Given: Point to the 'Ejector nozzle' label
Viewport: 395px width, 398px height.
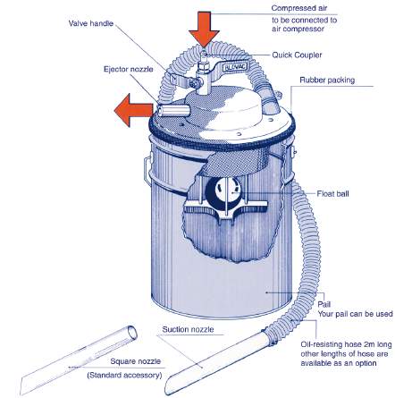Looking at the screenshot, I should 124,68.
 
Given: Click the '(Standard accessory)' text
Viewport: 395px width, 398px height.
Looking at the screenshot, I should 124,376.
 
